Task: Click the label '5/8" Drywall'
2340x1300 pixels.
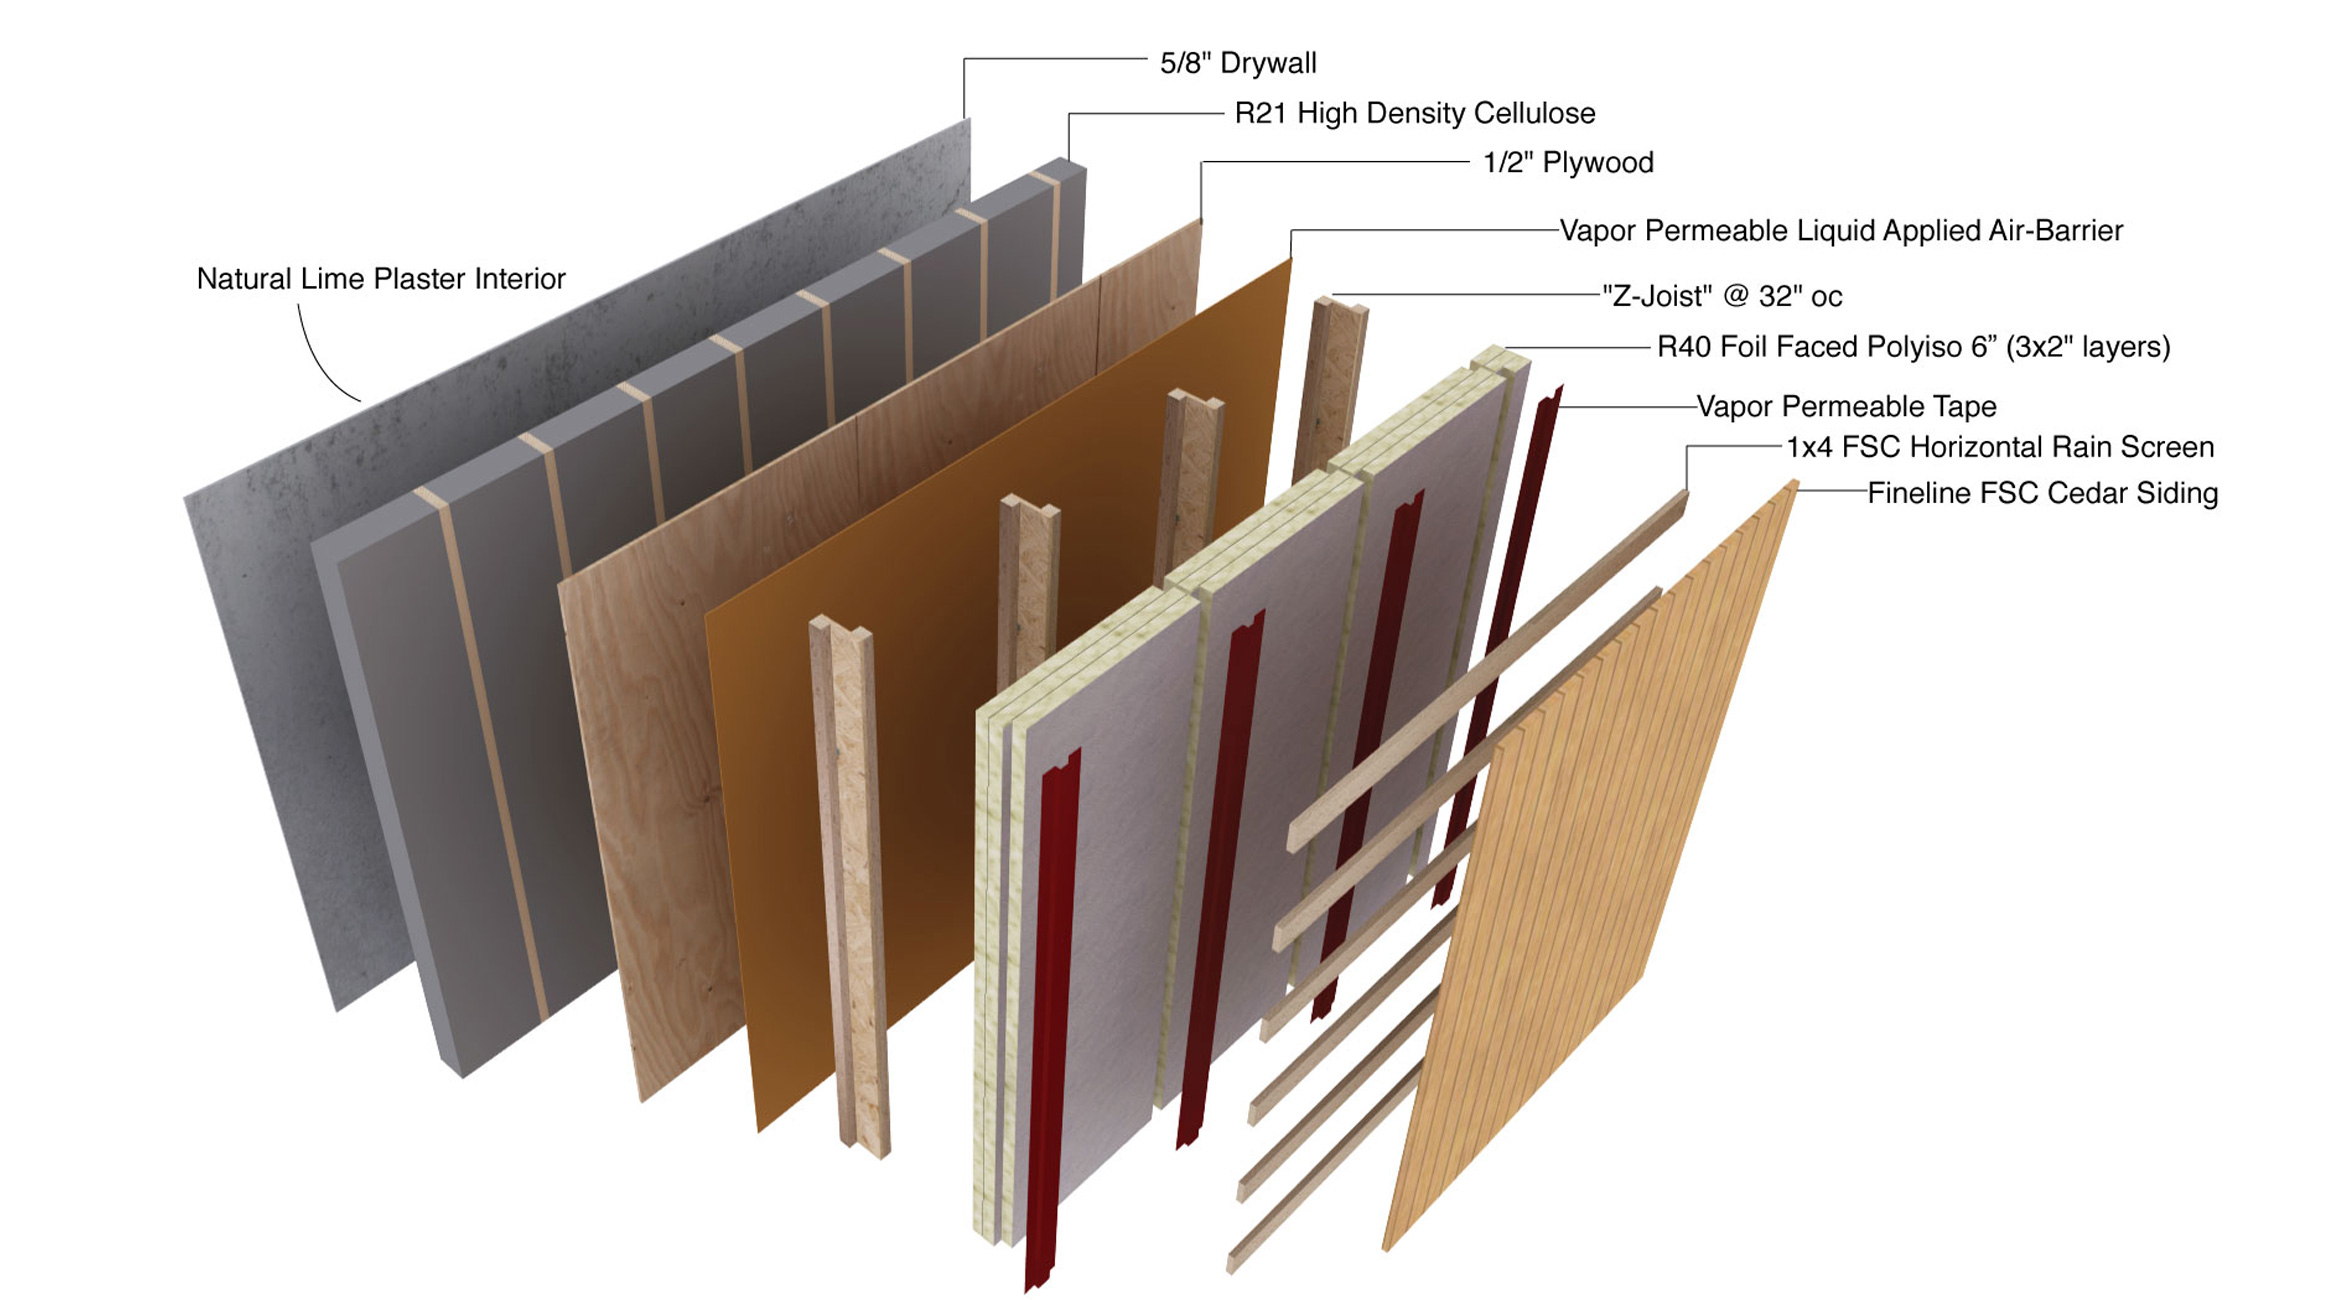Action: (x=1237, y=63)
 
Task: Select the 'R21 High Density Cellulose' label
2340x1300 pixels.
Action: (x=1414, y=113)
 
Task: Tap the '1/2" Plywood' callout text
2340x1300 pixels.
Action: (x=1567, y=162)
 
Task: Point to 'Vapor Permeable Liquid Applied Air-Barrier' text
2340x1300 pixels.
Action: (x=1840, y=231)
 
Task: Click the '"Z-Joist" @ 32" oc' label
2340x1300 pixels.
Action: (x=1721, y=296)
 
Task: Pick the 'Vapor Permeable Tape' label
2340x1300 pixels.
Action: (x=1846, y=407)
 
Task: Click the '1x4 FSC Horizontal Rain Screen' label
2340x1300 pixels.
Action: (x=2000, y=447)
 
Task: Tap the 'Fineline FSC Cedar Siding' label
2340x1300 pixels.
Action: (x=2042, y=493)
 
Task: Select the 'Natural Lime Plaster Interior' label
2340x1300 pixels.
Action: (x=380, y=279)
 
